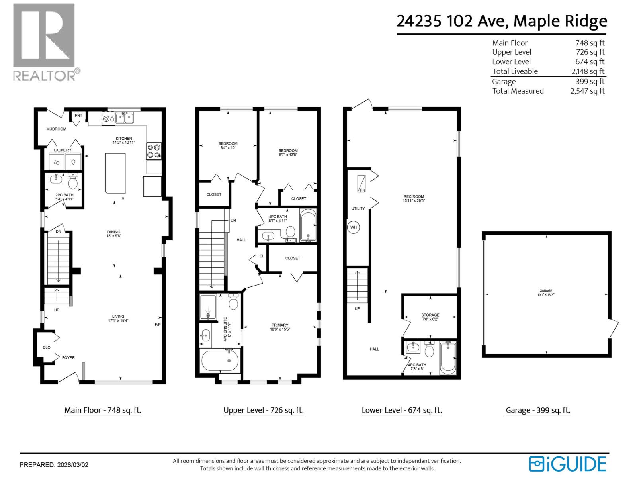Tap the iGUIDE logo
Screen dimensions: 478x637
(x=567, y=464)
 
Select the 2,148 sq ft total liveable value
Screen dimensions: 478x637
(x=588, y=71)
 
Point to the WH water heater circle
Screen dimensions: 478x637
(x=354, y=227)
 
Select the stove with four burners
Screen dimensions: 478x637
(x=154, y=151)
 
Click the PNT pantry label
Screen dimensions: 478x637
(x=78, y=116)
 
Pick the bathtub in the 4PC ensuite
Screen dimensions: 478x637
(x=220, y=360)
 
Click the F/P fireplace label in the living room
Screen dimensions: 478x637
(x=158, y=325)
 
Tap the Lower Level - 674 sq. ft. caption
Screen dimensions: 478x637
(x=402, y=410)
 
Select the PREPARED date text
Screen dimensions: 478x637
(x=54, y=465)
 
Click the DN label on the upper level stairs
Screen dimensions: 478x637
(x=233, y=220)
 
